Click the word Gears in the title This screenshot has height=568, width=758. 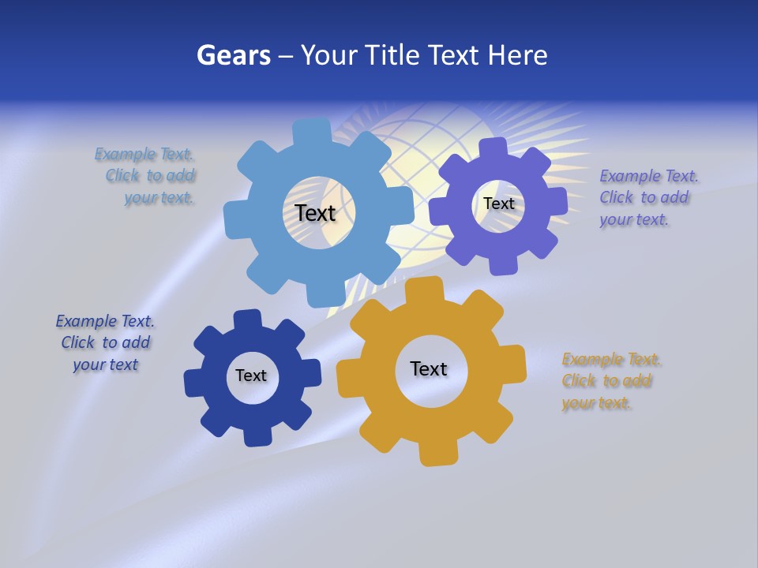(x=233, y=55)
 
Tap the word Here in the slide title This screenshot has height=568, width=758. (x=517, y=55)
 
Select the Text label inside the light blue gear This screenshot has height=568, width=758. (x=316, y=213)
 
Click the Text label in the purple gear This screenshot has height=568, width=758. (x=498, y=204)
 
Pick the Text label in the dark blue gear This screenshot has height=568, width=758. (x=251, y=376)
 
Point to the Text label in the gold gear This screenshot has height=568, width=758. (x=429, y=368)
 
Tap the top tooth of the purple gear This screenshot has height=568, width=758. (x=494, y=149)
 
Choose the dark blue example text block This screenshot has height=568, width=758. (x=106, y=342)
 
